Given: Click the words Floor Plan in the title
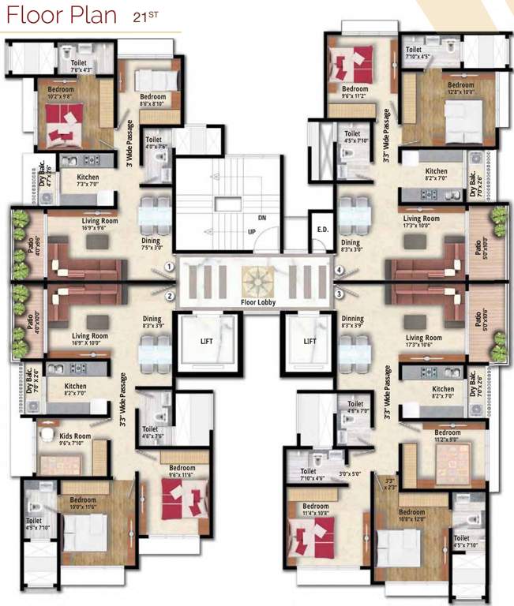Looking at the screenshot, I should click(x=59, y=16).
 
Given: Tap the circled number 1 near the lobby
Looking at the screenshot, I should click(x=169, y=268).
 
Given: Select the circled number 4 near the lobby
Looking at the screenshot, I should click(x=338, y=270).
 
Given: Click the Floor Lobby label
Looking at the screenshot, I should click(x=257, y=301).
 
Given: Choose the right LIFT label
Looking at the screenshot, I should click(x=309, y=342).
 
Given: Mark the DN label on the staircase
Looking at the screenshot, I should click(x=262, y=217).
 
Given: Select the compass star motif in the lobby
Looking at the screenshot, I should click(x=257, y=279).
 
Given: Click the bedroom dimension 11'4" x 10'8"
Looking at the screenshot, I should click(x=316, y=514).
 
